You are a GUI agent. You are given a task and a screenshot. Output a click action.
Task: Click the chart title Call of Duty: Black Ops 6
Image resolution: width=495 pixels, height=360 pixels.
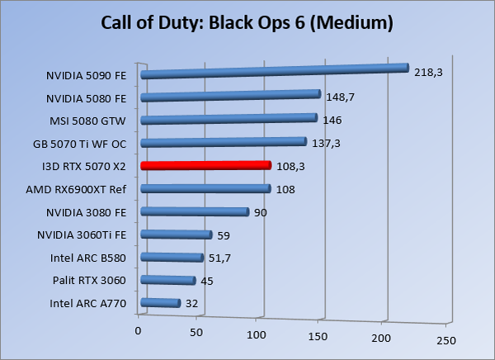tap(247, 22)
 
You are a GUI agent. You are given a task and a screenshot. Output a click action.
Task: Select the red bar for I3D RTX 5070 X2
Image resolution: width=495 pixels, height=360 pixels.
tap(205, 165)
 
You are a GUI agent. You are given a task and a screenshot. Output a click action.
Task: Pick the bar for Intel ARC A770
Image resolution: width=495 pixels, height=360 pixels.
tap(160, 303)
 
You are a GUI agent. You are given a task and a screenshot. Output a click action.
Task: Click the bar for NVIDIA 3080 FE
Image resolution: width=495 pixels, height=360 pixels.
tap(195, 212)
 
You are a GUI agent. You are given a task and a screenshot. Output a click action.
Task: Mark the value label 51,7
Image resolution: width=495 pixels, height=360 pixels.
tap(220, 258)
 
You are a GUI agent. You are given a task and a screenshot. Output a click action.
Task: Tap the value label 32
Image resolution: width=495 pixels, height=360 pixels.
tap(191, 304)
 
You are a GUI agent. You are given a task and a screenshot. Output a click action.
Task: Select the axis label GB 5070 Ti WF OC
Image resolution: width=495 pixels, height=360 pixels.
tap(80, 144)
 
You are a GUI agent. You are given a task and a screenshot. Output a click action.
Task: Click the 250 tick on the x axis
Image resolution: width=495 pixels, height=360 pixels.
tap(445, 340)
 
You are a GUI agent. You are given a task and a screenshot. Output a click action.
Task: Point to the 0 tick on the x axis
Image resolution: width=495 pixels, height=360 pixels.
tap(139, 331)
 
